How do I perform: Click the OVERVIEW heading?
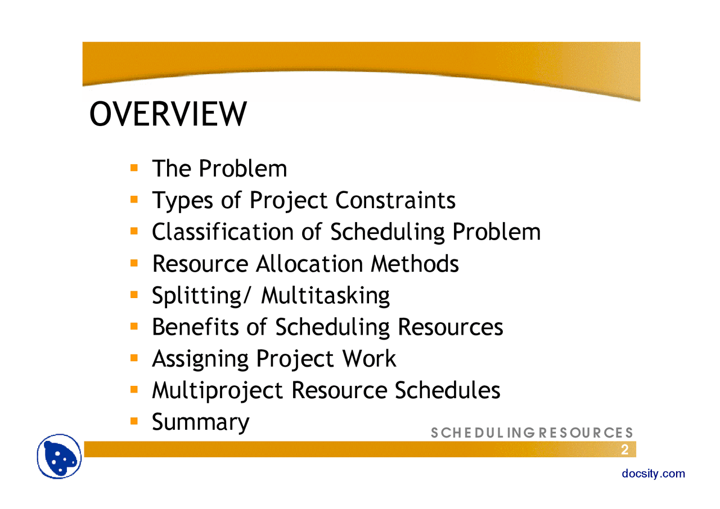[168, 114]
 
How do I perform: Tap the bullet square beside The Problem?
[134, 168]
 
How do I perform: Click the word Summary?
[200, 422]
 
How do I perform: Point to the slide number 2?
[624, 449]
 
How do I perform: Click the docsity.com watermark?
[654, 474]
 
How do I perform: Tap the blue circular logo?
[60, 456]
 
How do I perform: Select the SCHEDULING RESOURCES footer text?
[532, 433]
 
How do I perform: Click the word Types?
[177, 201]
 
